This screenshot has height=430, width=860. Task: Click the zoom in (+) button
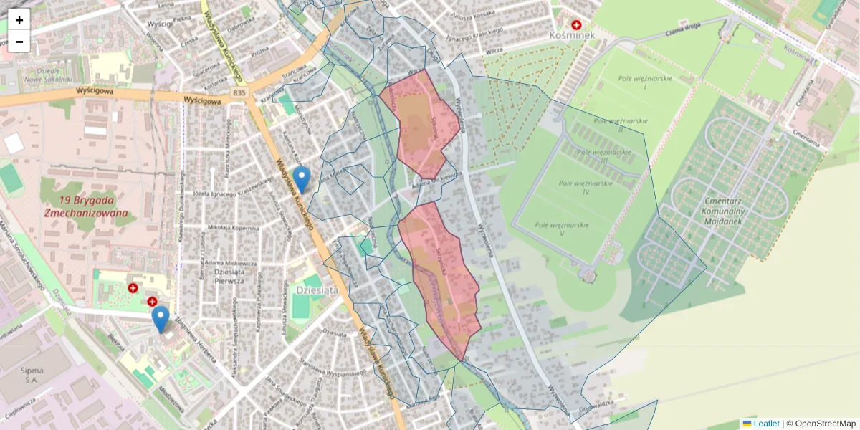pos(19,20)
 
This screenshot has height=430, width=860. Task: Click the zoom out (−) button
pos(19,42)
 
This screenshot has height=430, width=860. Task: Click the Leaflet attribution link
pos(766,424)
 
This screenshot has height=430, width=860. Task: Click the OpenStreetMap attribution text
pos(825,424)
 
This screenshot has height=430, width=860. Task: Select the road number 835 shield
pos(239,93)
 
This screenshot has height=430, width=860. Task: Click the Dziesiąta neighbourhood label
pos(316,290)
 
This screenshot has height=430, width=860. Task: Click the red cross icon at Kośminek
pos(576,24)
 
